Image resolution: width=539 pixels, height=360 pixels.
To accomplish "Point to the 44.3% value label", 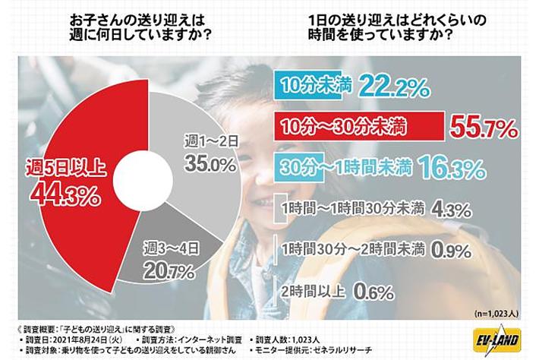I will pyautogui.click(x=65, y=194).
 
